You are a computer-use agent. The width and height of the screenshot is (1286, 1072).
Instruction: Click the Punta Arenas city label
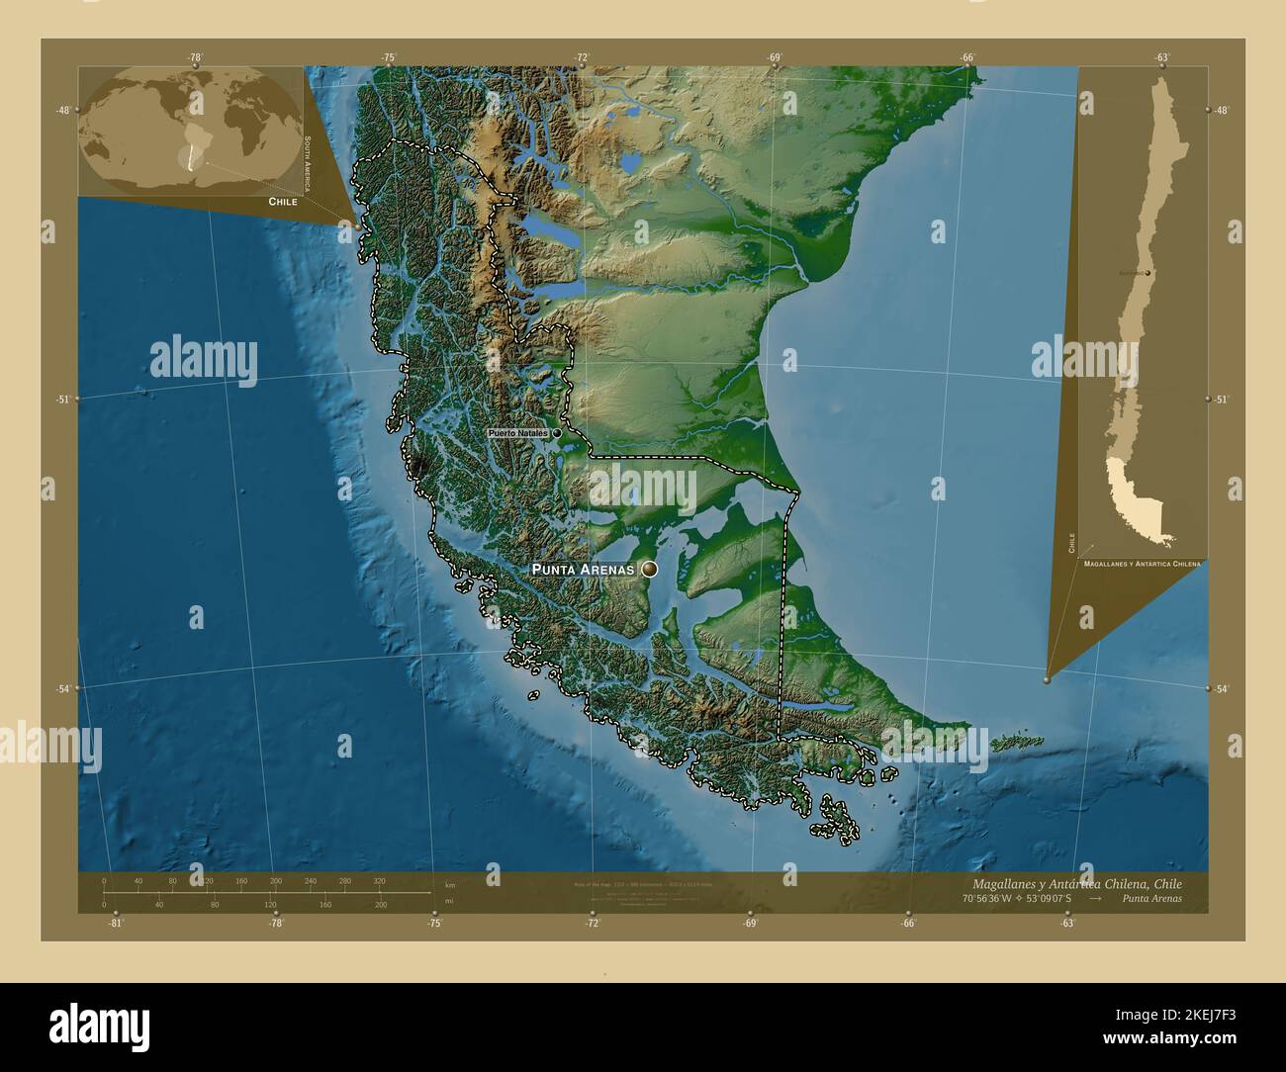[583, 570]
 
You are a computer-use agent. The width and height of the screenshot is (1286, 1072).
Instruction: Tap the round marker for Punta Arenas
[649, 569]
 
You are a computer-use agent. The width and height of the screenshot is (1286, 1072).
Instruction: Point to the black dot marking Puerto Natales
[557, 433]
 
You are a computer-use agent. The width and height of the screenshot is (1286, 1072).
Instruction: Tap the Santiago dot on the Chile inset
[1148, 271]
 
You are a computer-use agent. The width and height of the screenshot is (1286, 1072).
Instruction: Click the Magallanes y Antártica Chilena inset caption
[1142, 563]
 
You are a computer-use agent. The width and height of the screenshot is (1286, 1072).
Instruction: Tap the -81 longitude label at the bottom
[116, 923]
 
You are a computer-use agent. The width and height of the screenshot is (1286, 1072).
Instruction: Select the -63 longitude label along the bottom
[1067, 923]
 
